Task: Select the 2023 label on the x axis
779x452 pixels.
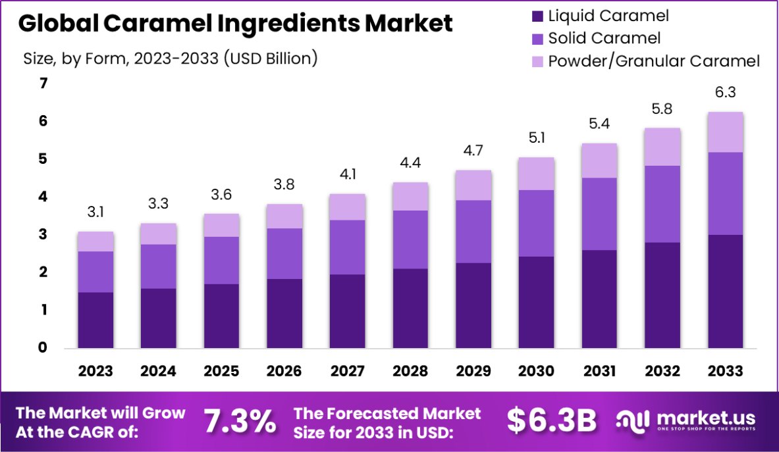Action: click(95, 371)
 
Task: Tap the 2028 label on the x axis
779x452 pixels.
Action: click(410, 371)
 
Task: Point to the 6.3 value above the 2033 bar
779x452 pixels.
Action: click(725, 93)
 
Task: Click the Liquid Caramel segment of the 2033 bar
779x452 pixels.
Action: click(725, 291)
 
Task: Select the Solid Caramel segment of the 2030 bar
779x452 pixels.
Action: click(536, 223)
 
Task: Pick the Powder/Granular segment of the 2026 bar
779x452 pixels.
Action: click(284, 216)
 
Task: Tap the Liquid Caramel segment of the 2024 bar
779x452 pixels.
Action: click(159, 318)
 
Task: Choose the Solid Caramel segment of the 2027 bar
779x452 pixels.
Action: click(348, 247)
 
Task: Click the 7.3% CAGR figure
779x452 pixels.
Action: click(240, 422)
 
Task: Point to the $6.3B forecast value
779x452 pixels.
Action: click(552, 422)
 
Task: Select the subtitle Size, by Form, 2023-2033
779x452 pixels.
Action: click(171, 59)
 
